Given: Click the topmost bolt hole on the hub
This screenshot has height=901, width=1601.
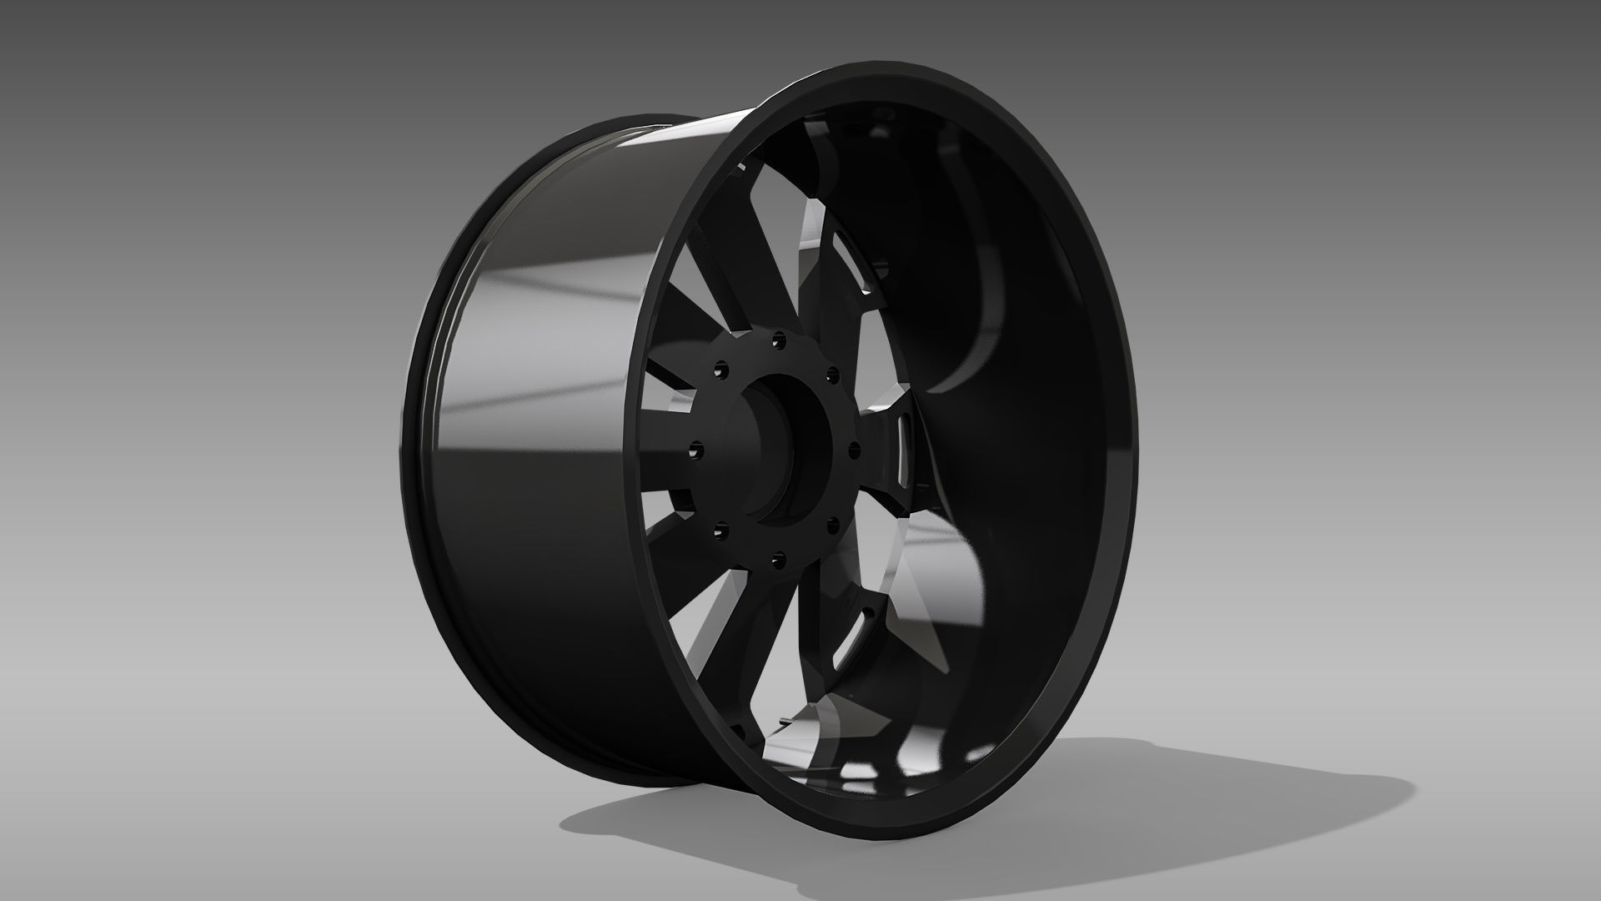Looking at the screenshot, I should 779,340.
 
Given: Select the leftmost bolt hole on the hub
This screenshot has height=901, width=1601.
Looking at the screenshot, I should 696,450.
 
